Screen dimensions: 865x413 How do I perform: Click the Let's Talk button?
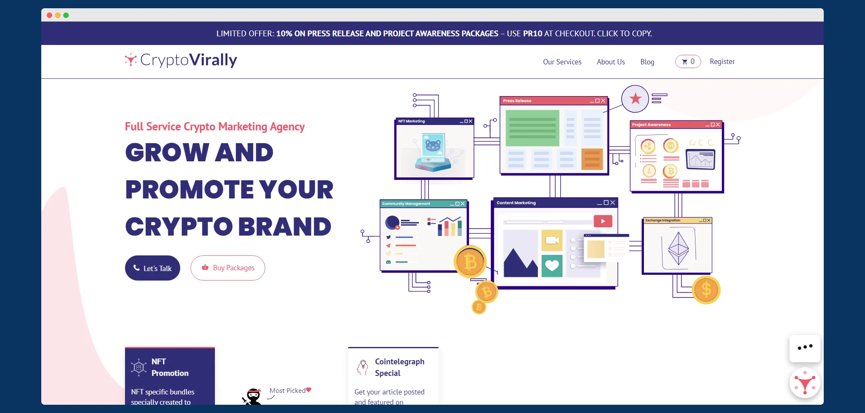(x=153, y=268)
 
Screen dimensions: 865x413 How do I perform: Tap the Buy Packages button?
(x=228, y=268)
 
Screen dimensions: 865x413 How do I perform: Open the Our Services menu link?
(x=562, y=62)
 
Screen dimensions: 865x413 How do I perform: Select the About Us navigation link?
(x=611, y=62)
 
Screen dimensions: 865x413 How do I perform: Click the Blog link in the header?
(x=647, y=62)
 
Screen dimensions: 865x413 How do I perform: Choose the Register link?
(x=722, y=61)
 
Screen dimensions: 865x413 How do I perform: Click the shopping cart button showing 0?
(x=688, y=61)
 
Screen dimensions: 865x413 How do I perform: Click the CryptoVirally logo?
(x=181, y=60)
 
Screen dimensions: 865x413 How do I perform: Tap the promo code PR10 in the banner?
(x=533, y=33)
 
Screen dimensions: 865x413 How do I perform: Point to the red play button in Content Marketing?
(x=603, y=221)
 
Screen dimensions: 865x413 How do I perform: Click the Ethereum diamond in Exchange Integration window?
(x=679, y=248)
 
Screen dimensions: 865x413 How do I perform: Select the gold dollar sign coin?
(x=706, y=290)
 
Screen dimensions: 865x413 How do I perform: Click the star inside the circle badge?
(x=636, y=99)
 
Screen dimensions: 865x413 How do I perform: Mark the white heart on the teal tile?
(x=552, y=265)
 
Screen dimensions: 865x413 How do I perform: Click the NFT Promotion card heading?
(x=170, y=367)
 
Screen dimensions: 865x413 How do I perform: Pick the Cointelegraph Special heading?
(x=400, y=367)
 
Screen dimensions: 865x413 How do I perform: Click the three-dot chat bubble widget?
(x=805, y=348)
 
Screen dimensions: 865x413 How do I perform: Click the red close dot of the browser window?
(x=49, y=15)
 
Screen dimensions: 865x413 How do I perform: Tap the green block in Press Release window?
(x=533, y=128)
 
